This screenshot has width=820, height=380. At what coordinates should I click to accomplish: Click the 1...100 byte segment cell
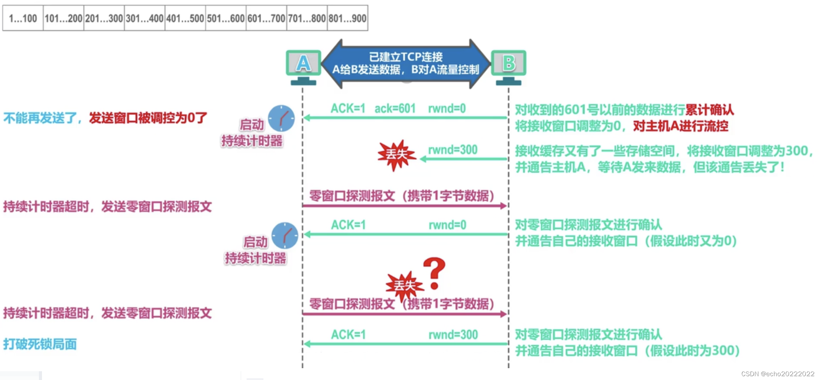click(23, 18)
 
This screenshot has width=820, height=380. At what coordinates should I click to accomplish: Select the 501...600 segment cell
click(226, 18)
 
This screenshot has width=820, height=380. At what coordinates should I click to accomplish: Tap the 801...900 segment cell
click(347, 18)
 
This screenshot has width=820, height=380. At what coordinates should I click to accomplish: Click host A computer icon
click(303, 67)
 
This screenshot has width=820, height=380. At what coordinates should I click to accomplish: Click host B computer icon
click(508, 67)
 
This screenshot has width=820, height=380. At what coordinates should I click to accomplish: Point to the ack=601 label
click(395, 109)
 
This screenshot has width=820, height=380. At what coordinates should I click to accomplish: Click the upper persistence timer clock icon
click(281, 118)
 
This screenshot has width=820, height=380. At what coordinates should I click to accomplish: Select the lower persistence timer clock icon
click(285, 235)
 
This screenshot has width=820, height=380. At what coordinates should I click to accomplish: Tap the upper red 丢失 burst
click(396, 155)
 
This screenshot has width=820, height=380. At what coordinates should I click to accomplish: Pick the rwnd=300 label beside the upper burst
click(453, 150)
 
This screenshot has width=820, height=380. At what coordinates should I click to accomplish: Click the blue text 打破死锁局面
click(40, 344)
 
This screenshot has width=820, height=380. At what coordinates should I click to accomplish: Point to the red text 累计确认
click(709, 110)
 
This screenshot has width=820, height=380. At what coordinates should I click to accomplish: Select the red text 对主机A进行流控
click(680, 126)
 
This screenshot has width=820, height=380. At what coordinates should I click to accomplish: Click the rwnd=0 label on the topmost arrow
click(447, 109)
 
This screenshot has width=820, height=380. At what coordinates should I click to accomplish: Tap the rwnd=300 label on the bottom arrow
click(453, 335)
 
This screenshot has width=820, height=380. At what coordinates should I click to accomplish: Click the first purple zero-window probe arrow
click(405, 206)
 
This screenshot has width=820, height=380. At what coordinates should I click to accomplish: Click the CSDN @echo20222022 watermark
click(778, 374)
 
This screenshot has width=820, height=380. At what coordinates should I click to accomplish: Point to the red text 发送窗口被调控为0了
click(148, 118)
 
